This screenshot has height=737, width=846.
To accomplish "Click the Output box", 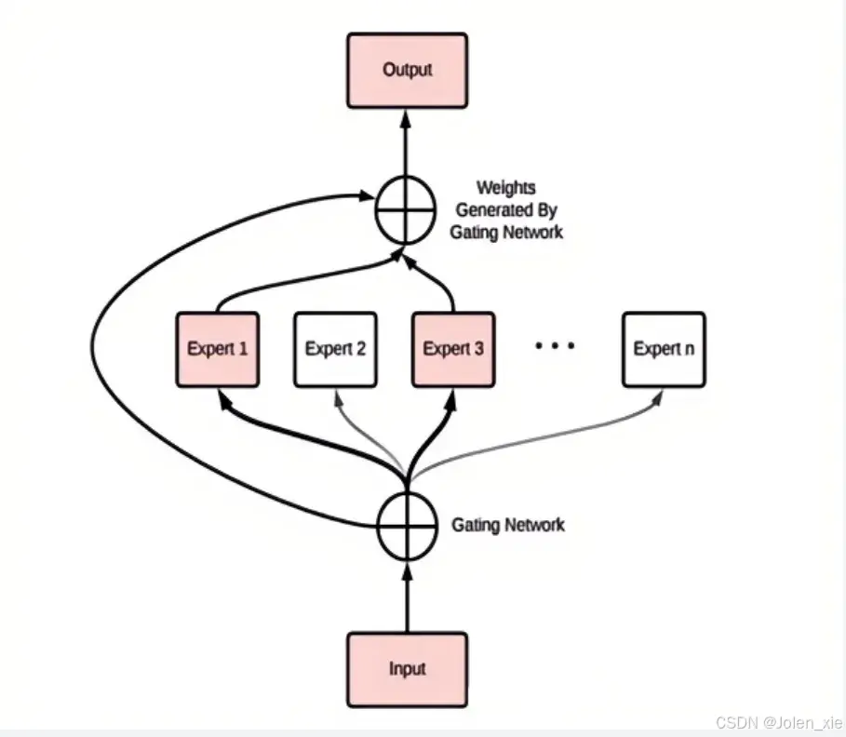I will pyautogui.click(x=407, y=70).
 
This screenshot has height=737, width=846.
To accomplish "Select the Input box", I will pyautogui.click(x=407, y=668).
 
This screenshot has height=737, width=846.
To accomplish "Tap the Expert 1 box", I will pyautogui.click(x=218, y=349).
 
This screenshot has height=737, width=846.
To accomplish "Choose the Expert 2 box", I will pyautogui.click(x=335, y=349).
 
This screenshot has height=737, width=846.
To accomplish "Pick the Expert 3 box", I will pyautogui.click(x=453, y=349).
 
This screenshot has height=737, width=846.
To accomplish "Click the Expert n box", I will pyautogui.click(x=663, y=349).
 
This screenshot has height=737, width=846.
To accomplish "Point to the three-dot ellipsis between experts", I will pyautogui.click(x=556, y=346).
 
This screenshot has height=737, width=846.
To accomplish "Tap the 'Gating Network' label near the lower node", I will pyautogui.click(x=507, y=526).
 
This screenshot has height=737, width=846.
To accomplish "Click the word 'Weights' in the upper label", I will pyautogui.click(x=506, y=189).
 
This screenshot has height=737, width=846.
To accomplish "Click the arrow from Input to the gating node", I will pyautogui.click(x=407, y=596).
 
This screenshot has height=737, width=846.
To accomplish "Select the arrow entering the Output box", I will pyautogui.click(x=407, y=140).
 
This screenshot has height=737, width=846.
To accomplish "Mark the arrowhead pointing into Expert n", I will pyautogui.click(x=659, y=395).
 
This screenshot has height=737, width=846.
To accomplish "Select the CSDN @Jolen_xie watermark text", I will pyautogui.click(x=778, y=722).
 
